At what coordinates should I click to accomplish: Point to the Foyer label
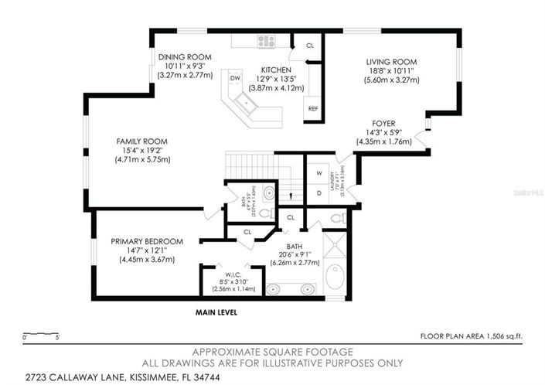pos(384,123)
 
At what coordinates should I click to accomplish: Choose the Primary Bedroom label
pos(147,241)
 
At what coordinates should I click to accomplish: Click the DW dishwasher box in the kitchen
pos(235,78)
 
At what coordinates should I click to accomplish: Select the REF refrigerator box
pos(313,109)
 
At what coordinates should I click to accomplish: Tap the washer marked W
pos(318,172)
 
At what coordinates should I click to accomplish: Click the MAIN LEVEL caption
pos(216,313)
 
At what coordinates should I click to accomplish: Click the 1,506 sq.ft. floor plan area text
pos(471,336)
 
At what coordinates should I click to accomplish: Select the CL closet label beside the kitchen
pos(310,46)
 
